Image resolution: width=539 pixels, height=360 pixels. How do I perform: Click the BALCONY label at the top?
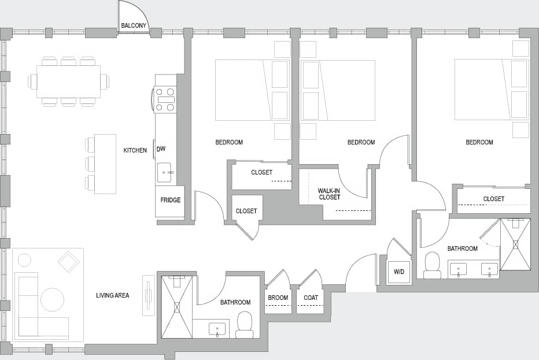pyautogui.click(x=133, y=25)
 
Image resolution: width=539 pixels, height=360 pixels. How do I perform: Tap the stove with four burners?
pyautogui.click(x=165, y=99)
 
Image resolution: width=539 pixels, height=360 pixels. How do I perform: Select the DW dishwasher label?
pyautogui.click(x=161, y=149)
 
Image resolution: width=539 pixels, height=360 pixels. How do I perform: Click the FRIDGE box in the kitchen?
pyautogui.click(x=170, y=201)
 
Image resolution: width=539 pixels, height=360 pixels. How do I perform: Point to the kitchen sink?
pyautogui.click(x=164, y=172)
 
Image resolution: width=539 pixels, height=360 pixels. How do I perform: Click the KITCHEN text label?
pyautogui.click(x=135, y=150)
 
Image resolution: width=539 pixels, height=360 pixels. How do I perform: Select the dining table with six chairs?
pyautogui.click(x=68, y=81)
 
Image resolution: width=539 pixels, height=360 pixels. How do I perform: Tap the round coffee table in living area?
pyautogui.click(x=52, y=299)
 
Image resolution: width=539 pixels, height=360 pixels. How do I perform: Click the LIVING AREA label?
pyautogui.click(x=112, y=296)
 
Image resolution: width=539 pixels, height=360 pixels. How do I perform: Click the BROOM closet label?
pyautogui.click(x=278, y=298)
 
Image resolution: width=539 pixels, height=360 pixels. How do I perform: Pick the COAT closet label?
pyautogui.click(x=311, y=298)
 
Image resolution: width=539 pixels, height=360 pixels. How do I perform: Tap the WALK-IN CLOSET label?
pyautogui.click(x=329, y=194)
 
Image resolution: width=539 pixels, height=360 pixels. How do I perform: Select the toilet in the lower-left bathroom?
pyautogui.click(x=245, y=325)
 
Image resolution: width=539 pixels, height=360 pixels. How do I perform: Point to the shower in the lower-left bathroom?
pyautogui.click(x=176, y=307)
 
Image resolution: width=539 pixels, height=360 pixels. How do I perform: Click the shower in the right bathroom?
pyautogui.click(x=515, y=244)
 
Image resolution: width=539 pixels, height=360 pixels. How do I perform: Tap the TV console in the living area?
pyautogui.click(x=149, y=295)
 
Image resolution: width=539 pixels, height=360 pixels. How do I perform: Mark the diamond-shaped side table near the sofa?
pyautogui.click(x=69, y=261)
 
